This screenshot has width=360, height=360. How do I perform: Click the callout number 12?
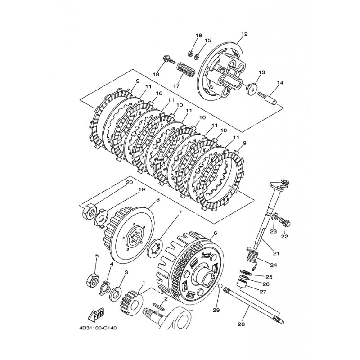[244, 34]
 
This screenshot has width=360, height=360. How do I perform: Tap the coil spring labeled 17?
[185, 70]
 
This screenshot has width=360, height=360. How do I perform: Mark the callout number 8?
[158, 199]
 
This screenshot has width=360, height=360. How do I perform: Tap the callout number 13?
[261, 72]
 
